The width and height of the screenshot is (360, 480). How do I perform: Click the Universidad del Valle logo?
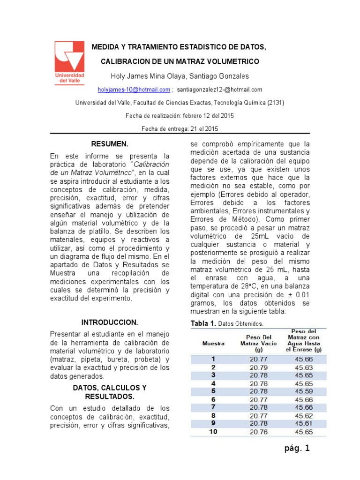69,62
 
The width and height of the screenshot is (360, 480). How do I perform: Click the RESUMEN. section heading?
110,143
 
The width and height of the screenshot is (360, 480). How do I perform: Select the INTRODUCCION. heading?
110,322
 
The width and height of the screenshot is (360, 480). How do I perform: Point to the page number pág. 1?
297,449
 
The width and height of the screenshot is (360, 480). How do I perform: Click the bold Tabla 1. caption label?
202,324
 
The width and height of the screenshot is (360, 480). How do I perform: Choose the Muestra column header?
213,343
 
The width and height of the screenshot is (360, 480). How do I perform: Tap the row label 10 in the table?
213,432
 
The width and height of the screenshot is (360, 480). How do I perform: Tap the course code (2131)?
274,103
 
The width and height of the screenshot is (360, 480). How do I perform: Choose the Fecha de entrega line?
180,128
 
